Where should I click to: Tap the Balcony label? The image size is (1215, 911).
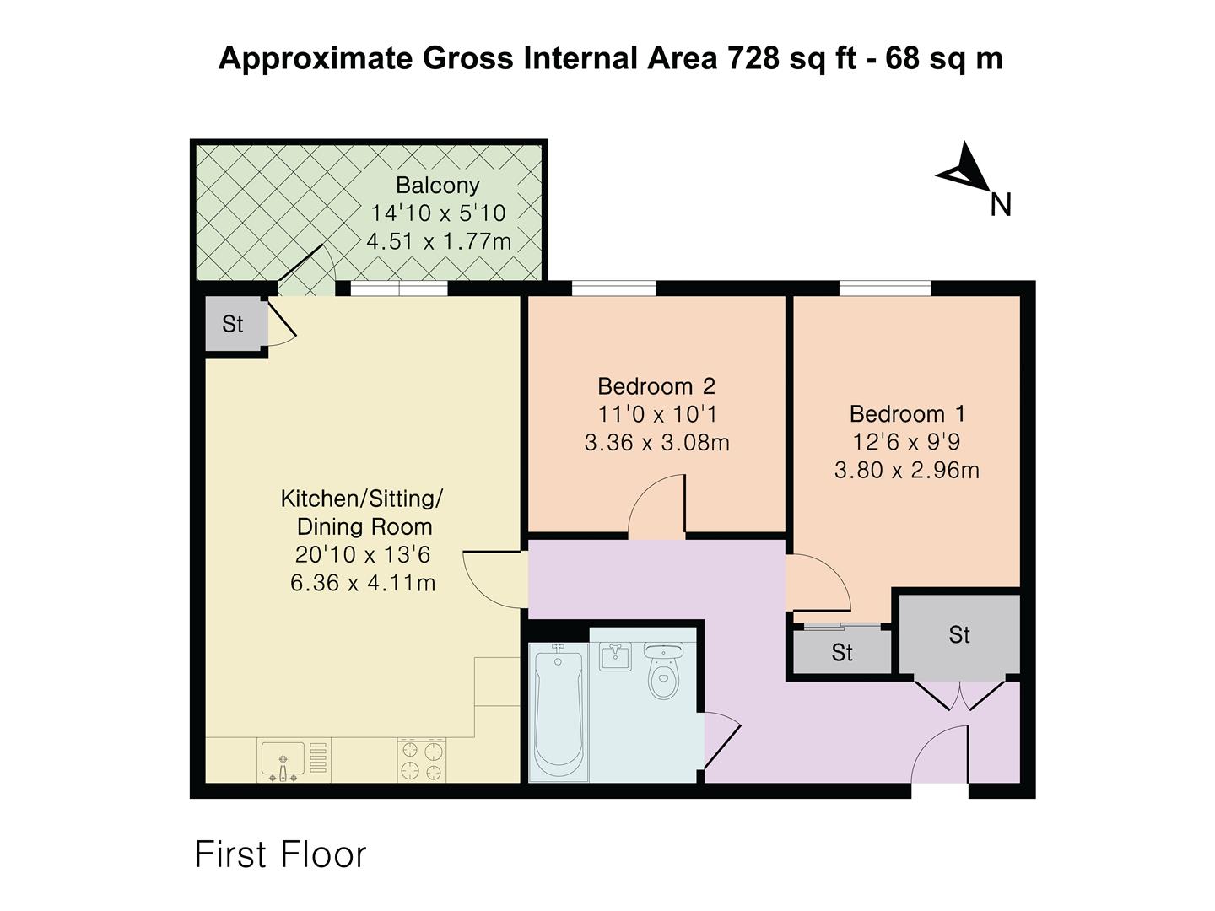click(x=437, y=186)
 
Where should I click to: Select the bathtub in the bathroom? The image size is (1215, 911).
click(x=558, y=714)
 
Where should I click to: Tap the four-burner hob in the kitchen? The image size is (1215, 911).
click(x=422, y=760)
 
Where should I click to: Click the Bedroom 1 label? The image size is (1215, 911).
click(x=907, y=414)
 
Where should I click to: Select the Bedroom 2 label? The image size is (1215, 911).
click(x=656, y=386)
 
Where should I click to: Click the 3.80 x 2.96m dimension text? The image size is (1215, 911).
click(x=907, y=470)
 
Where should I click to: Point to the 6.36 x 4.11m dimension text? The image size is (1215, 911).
click(x=363, y=583)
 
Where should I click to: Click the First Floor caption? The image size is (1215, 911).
click(x=280, y=854)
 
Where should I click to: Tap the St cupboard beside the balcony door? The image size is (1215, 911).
click(x=233, y=324)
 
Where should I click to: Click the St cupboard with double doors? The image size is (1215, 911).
click(x=958, y=635)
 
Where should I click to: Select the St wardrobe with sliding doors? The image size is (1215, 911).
click(x=841, y=652)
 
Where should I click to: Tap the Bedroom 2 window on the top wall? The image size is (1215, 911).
click(x=613, y=288)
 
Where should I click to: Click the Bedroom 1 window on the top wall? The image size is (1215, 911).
click(x=885, y=288)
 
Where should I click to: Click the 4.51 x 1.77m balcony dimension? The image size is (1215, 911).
click(x=439, y=242)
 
